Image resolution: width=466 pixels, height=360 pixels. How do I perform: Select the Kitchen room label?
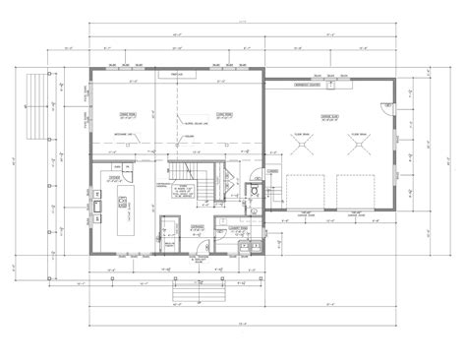tap(115, 180)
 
